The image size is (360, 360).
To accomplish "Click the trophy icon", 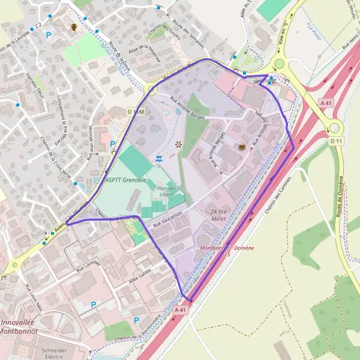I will pos(74,27).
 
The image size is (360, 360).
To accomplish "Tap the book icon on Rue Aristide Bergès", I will pos(242,148).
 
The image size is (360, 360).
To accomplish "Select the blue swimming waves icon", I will pos(159,158).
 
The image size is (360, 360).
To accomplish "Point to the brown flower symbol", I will pos(178,144).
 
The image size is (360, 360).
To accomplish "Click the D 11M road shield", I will pos(136,112).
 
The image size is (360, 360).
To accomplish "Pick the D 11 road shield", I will pos(335,141).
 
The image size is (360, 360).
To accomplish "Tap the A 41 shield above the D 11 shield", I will pos(326,103).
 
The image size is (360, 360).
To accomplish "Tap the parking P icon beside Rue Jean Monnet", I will pos(113,144).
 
